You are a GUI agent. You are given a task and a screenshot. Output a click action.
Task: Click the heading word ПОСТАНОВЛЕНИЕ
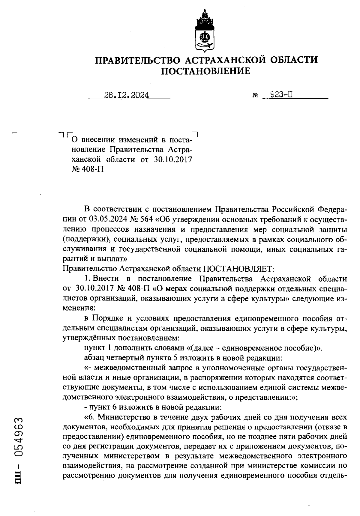pyautogui.click(x=206, y=71)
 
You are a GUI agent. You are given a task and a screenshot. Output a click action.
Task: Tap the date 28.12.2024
pyautogui.click(x=127, y=95)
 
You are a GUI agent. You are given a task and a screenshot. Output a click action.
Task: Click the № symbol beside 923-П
pyautogui.click(x=256, y=96)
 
